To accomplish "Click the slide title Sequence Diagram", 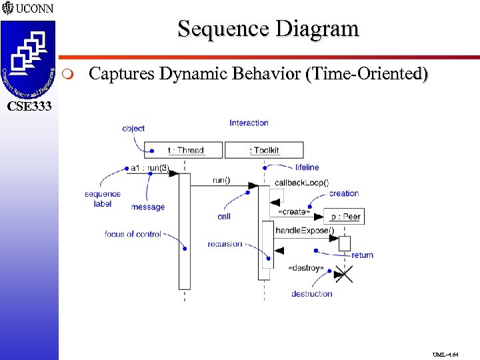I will point(268,29).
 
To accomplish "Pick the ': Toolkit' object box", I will point(264,150).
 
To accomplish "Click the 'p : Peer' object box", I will point(345,217).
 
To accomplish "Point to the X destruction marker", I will point(343,273).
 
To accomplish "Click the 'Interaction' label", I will point(249,123).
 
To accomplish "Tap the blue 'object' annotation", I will point(133,129).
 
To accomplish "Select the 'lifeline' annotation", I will point(307,167).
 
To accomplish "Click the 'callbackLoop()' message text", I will point(301,182).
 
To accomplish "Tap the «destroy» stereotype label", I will point(305,267).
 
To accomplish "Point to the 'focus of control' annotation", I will point(133,234).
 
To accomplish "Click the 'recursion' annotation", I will point(225,244).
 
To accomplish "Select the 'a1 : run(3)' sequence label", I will point(149,168).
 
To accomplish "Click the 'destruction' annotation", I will point(311,293).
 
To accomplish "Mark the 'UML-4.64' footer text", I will point(445,355).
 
